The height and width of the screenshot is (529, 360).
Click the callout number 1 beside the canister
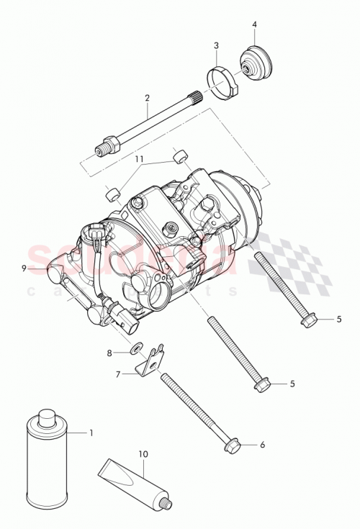pyautogui.click(x=91, y=433)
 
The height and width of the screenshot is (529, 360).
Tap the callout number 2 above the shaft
pyautogui.click(x=147, y=98)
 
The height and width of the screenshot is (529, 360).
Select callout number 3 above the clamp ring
pyautogui.click(x=216, y=46)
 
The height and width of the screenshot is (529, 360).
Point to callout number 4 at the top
pyautogui.click(x=254, y=24)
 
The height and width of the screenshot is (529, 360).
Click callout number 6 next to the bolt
pyautogui.click(x=262, y=445)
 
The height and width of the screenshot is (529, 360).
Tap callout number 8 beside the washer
pyautogui.click(x=109, y=353)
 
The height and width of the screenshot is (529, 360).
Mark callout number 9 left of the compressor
pyautogui.click(x=24, y=268)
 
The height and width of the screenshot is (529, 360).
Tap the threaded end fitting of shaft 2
pyautogui.click(x=103, y=149)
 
